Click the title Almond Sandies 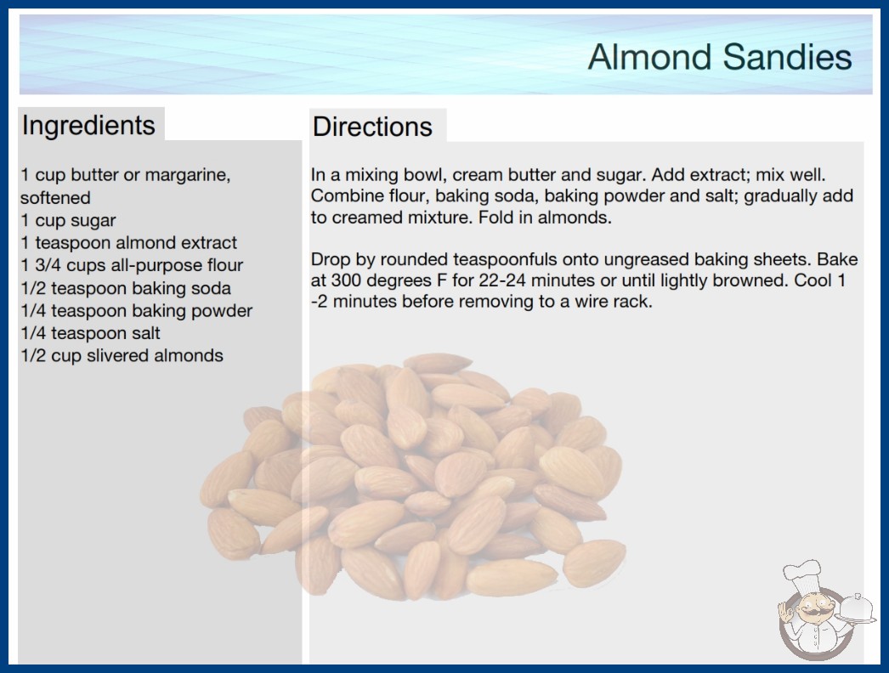point(720,57)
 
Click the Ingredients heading point(88,126)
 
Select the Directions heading point(372,127)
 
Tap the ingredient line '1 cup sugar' point(68,221)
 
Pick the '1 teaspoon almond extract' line point(128,243)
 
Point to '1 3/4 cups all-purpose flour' point(132,265)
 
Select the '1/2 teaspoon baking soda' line point(125,288)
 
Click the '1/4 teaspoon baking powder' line point(136,311)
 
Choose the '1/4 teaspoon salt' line point(90,333)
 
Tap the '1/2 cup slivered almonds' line point(122,355)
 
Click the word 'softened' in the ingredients point(55,197)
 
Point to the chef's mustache point(811,612)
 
